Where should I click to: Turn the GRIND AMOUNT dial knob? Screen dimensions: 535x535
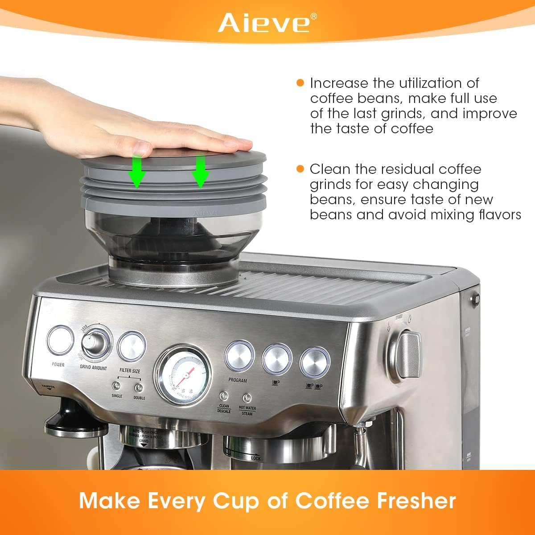(95, 342)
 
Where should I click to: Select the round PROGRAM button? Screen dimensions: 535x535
(239, 356)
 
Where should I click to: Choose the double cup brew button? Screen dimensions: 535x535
(314, 362)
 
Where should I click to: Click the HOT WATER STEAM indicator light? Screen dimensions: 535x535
(247, 398)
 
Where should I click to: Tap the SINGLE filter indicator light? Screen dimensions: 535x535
(117, 386)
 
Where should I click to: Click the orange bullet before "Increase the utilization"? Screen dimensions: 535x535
(300, 83)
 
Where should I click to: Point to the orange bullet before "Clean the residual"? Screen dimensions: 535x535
(300, 169)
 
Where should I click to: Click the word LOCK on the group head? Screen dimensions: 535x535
(255, 458)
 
